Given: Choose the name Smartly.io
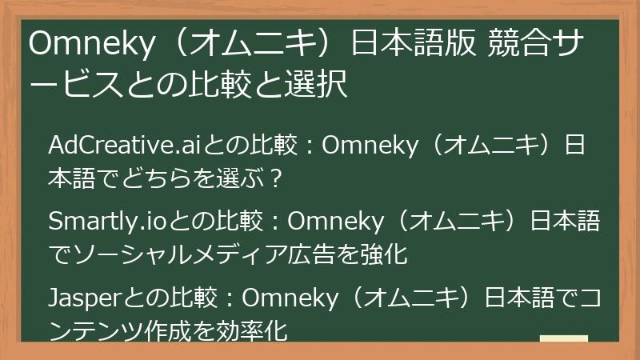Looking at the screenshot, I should click(x=108, y=220).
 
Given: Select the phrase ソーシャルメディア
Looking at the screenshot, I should click(x=169, y=254).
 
